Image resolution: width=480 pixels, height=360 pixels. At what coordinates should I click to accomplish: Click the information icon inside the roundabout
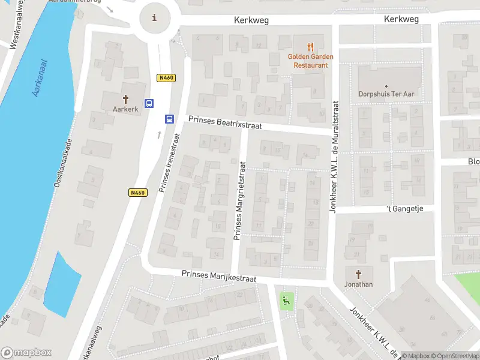155,17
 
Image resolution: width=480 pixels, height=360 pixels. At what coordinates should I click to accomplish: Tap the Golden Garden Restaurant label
310,61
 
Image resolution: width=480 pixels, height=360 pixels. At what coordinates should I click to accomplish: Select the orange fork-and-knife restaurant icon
310,46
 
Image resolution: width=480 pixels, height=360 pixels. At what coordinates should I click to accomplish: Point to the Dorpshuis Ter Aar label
386,94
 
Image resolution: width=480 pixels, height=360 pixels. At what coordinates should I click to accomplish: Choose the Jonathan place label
359,284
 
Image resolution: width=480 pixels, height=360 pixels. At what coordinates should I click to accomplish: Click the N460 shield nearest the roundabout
166,77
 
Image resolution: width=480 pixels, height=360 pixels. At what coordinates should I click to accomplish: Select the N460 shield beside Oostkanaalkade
137,193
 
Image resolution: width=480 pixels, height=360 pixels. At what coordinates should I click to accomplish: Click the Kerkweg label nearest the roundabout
251,20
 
